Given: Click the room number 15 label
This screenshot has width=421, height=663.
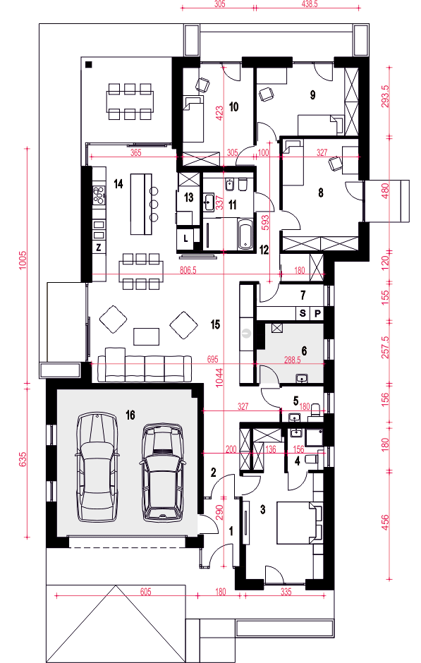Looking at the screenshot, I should coord(216,324).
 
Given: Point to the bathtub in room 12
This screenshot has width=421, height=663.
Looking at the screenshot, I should coord(245,233).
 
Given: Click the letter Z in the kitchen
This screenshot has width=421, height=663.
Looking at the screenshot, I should coord(99,248).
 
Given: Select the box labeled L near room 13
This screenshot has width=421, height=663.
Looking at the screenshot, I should coord(185,238).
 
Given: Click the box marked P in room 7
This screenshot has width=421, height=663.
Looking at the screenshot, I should coord(317,313).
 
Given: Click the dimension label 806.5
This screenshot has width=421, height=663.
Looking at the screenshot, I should coord(188,270).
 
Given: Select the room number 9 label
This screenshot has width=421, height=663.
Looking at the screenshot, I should coord(311,93).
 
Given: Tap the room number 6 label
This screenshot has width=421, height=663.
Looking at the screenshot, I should coord(305,351).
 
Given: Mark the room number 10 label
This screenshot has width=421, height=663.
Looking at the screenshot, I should coord(233,107).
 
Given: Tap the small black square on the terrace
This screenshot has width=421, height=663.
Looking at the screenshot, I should coord(88,65).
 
